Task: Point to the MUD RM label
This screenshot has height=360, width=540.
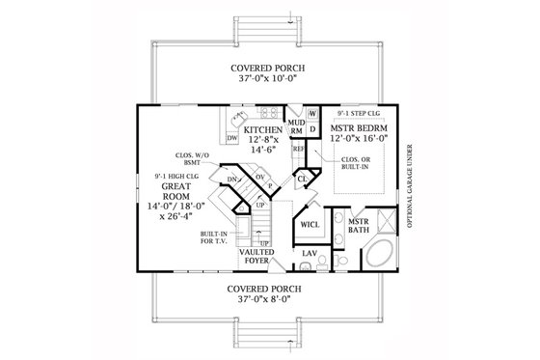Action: pyautogui.click(x=297, y=127)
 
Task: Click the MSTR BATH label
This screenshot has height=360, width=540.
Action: pyautogui.click(x=344, y=224)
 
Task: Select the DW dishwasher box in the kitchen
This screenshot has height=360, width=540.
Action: pyautogui.click(x=232, y=139)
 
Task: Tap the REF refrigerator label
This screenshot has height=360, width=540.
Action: pyautogui.click(x=298, y=151)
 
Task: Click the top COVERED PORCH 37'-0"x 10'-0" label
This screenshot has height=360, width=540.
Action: pyautogui.click(x=270, y=75)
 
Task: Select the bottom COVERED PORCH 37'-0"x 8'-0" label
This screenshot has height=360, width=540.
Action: pyautogui.click(x=270, y=294)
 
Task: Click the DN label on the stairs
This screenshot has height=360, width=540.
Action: pyautogui.click(x=232, y=180)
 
